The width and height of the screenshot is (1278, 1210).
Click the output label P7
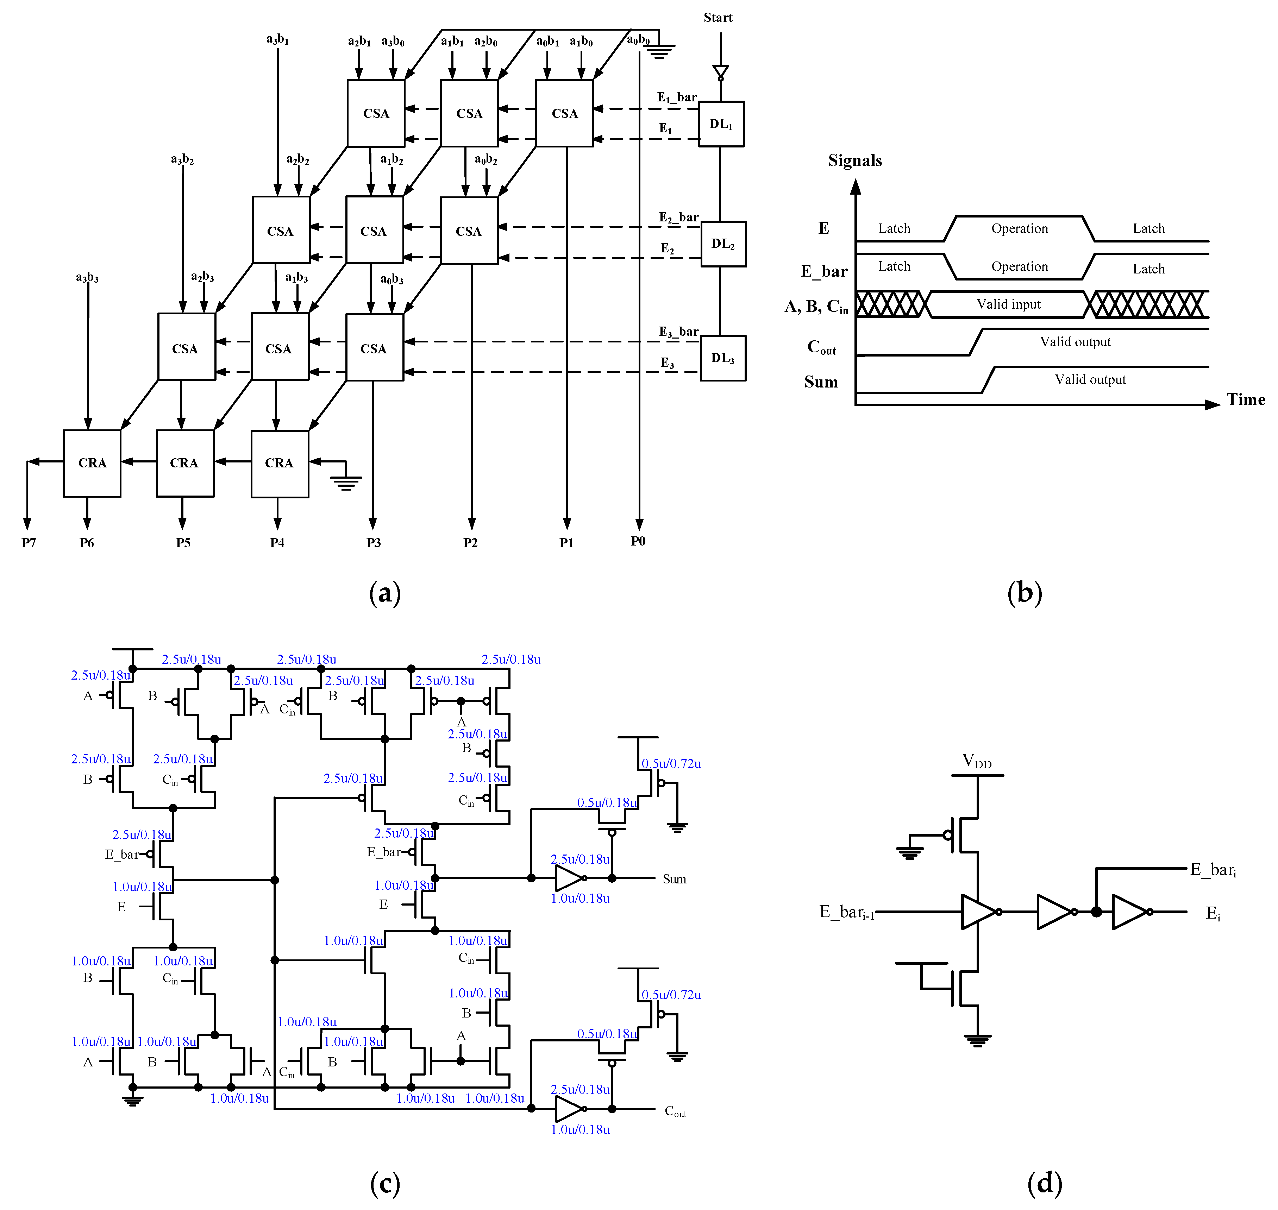[x=29, y=542]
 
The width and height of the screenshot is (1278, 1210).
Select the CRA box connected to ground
[x=279, y=463]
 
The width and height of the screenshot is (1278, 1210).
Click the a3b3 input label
[x=87, y=277]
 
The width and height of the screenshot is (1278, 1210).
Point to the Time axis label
[x=1245, y=400]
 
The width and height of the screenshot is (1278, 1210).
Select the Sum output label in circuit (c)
[x=674, y=879]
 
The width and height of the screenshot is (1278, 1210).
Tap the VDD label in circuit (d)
[x=976, y=761]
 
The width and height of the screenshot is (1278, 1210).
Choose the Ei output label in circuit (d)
[x=1213, y=913]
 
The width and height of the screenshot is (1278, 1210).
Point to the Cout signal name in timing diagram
[x=821, y=347]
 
